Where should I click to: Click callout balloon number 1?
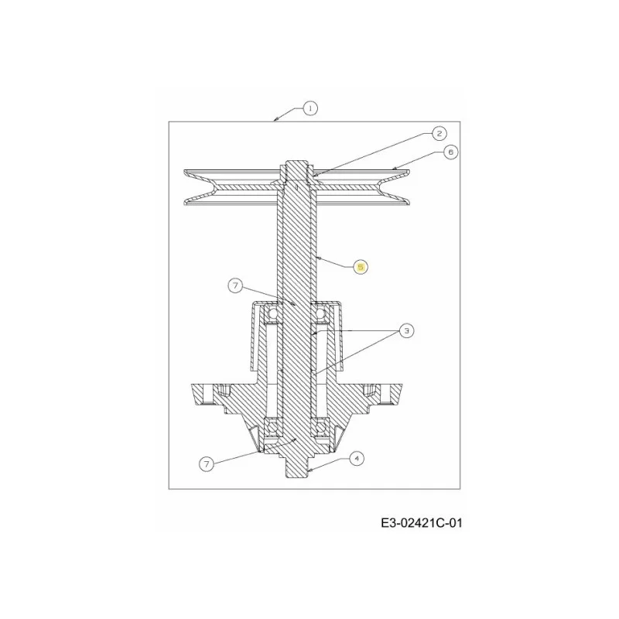pyautogui.click(x=310, y=108)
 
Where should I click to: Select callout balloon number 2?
pyautogui.click(x=439, y=133)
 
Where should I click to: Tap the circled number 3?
pyautogui.click(x=407, y=330)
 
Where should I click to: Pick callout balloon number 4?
pyautogui.click(x=357, y=458)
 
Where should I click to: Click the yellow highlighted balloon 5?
pyautogui.click(x=361, y=267)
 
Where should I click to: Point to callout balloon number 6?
pyautogui.click(x=451, y=152)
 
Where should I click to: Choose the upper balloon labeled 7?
pyautogui.click(x=236, y=286)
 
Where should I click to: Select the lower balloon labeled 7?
pyautogui.click(x=207, y=463)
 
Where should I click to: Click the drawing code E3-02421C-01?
pyautogui.click(x=421, y=524)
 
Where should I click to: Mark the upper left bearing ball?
pyautogui.click(x=272, y=314)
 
